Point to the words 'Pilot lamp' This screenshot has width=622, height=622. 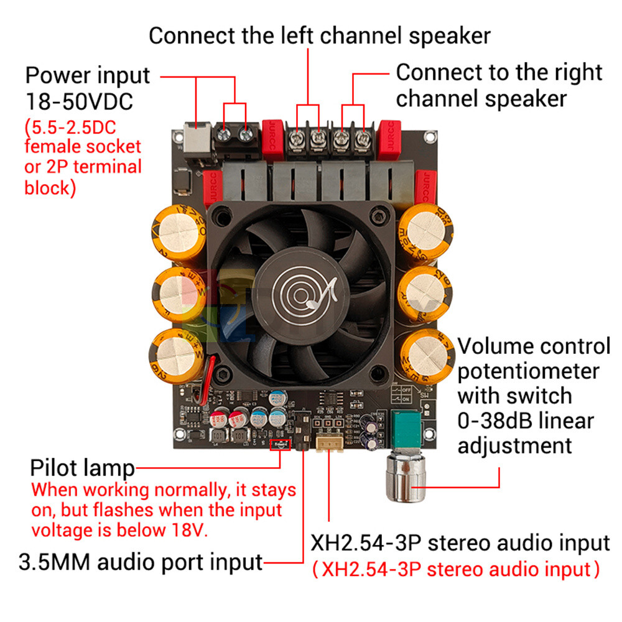(82, 468)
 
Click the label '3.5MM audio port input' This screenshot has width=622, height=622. (141, 562)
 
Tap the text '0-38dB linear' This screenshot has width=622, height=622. (526, 420)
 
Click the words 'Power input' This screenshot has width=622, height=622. (88, 75)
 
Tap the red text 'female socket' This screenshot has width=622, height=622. (83, 147)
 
